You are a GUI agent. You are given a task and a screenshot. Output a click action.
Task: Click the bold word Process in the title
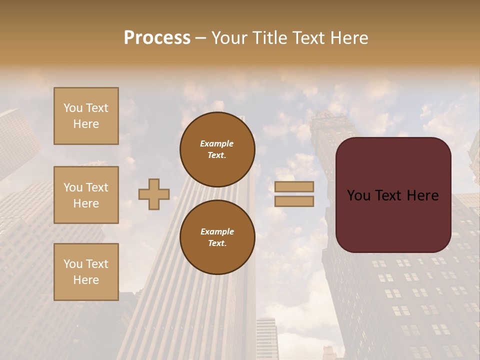pyautogui.click(x=157, y=38)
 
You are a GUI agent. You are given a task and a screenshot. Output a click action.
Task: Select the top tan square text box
pyautogui.click(x=86, y=116)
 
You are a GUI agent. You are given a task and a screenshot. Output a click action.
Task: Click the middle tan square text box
pyautogui.click(x=86, y=195)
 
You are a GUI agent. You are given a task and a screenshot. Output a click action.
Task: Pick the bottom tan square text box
pyautogui.click(x=86, y=272)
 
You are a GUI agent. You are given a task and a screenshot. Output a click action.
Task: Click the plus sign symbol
pyautogui.click(x=154, y=194)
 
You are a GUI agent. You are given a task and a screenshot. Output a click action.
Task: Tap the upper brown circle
pyautogui.click(x=217, y=149)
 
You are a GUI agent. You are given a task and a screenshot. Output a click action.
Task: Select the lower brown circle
pyautogui.click(x=217, y=237)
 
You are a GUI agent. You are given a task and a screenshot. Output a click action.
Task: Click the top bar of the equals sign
pyautogui.click(x=294, y=186)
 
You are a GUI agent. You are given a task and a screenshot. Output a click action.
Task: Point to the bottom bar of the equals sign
pyautogui.click(x=294, y=201)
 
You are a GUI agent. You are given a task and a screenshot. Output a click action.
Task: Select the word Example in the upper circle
pyautogui.click(x=217, y=143)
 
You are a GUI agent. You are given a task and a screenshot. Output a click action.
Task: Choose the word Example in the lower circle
pyautogui.click(x=217, y=231)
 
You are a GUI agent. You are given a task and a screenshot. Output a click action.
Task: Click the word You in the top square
pyautogui.click(x=73, y=108)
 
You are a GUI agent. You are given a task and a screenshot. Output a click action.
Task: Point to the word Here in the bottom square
pyautogui.click(x=86, y=280)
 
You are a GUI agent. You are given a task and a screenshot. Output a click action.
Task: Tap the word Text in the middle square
pyautogui.click(x=96, y=187)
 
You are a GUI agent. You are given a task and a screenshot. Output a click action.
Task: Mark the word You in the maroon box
pyautogui.click(x=358, y=195)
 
